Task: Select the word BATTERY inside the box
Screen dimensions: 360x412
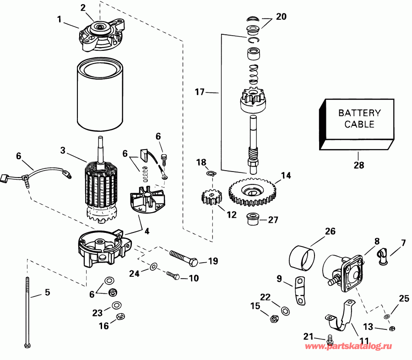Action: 359,113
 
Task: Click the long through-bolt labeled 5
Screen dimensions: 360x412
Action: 28,311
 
